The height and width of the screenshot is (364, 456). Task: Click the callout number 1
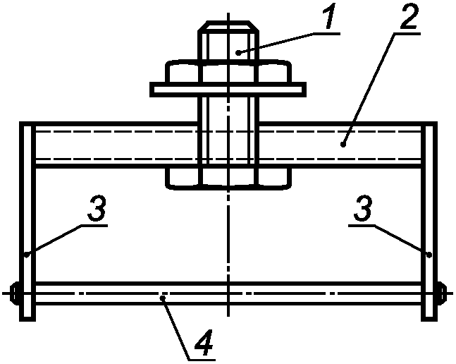click(x=330, y=17)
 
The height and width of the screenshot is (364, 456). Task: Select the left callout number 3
click(x=97, y=208)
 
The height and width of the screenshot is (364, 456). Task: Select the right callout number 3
click(x=363, y=208)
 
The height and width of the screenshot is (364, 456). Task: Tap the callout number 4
click(x=204, y=342)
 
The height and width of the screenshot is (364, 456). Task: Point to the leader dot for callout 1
click(x=238, y=53)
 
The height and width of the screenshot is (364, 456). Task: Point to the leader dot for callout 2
click(x=343, y=144)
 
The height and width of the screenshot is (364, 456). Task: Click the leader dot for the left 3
click(x=27, y=255)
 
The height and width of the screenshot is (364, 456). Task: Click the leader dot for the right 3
click(x=429, y=255)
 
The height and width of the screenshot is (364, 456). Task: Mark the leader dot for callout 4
click(x=163, y=298)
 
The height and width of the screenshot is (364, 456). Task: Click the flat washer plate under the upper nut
click(x=228, y=90)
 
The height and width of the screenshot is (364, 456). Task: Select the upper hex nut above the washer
click(x=228, y=71)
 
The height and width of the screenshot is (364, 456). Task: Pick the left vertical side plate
click(x=27, y=221)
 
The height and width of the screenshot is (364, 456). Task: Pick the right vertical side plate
click(x=429, y=221)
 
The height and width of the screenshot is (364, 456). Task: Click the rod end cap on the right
click(x=442, y=293)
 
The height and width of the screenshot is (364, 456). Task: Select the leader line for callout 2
click(x=369, y=89)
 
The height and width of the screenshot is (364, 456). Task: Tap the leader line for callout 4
click(x=176, y=329)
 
